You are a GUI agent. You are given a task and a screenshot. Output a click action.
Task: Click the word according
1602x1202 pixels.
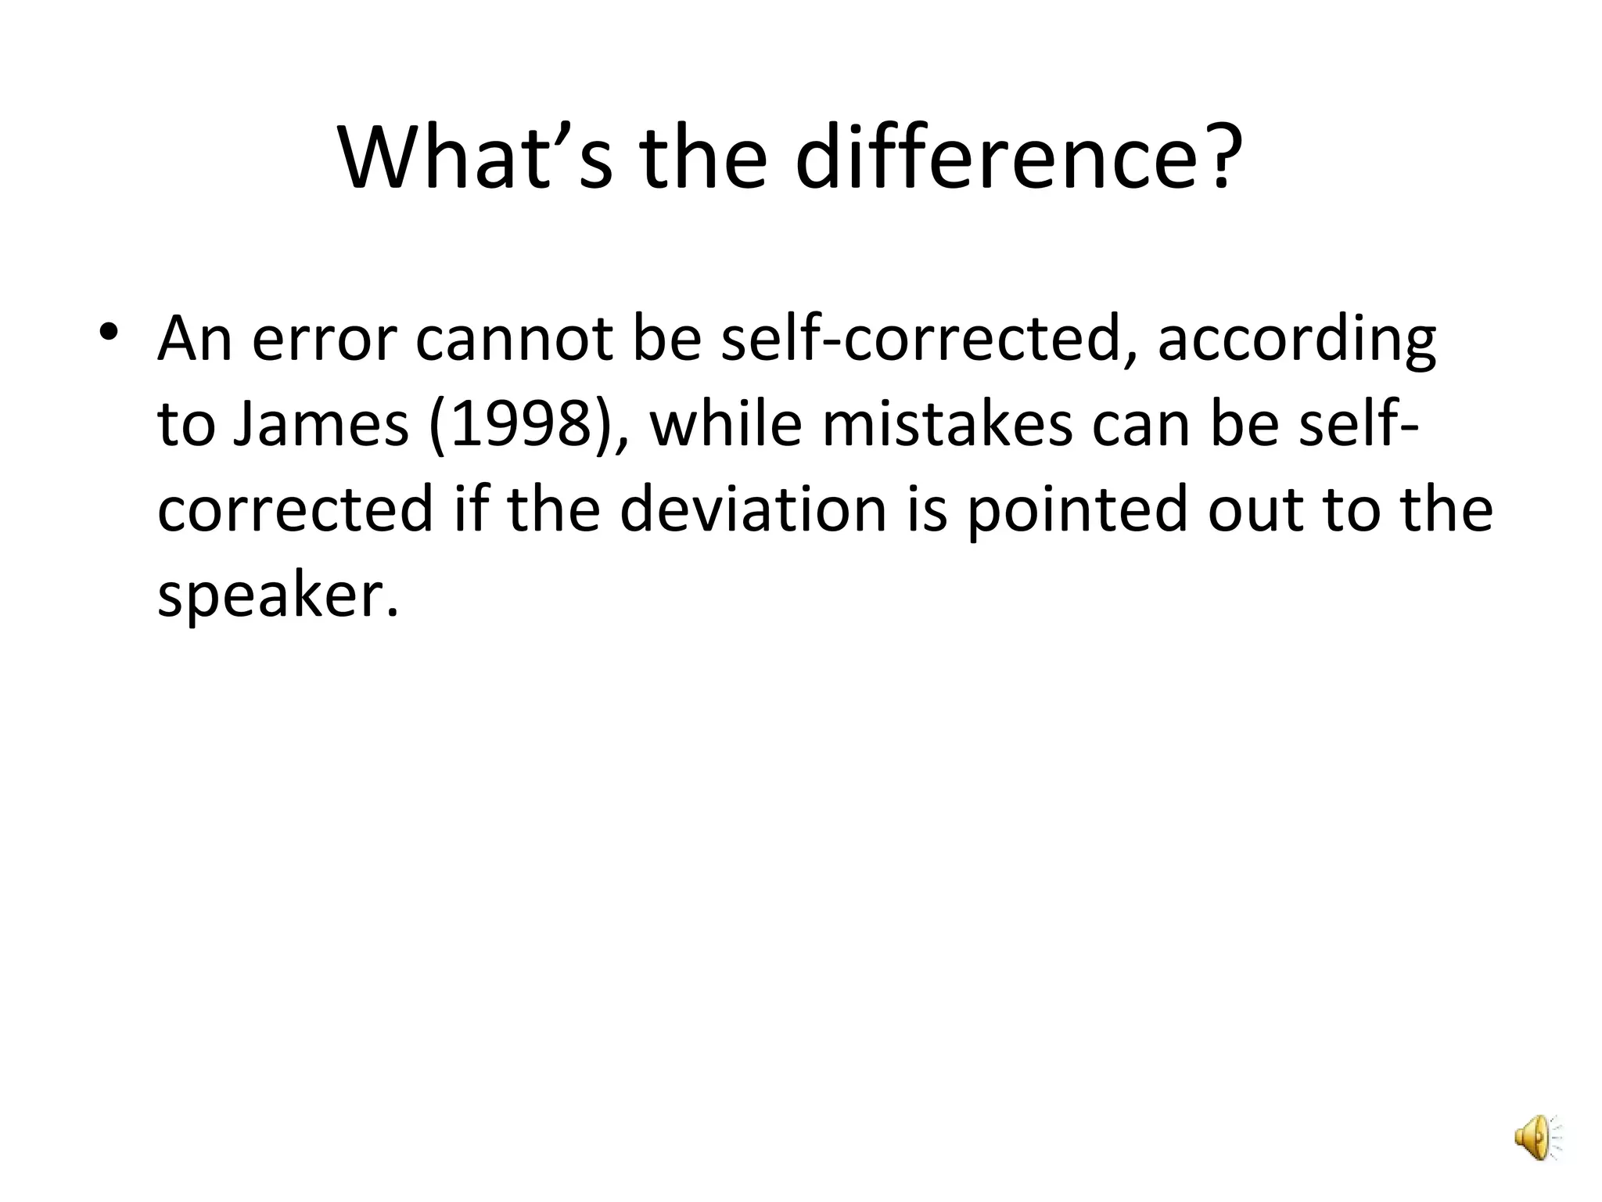pyautogui.click(x=1296, y=343)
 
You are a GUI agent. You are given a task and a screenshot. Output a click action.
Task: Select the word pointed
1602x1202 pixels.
pyautogui.click(x=1076, y=510)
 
